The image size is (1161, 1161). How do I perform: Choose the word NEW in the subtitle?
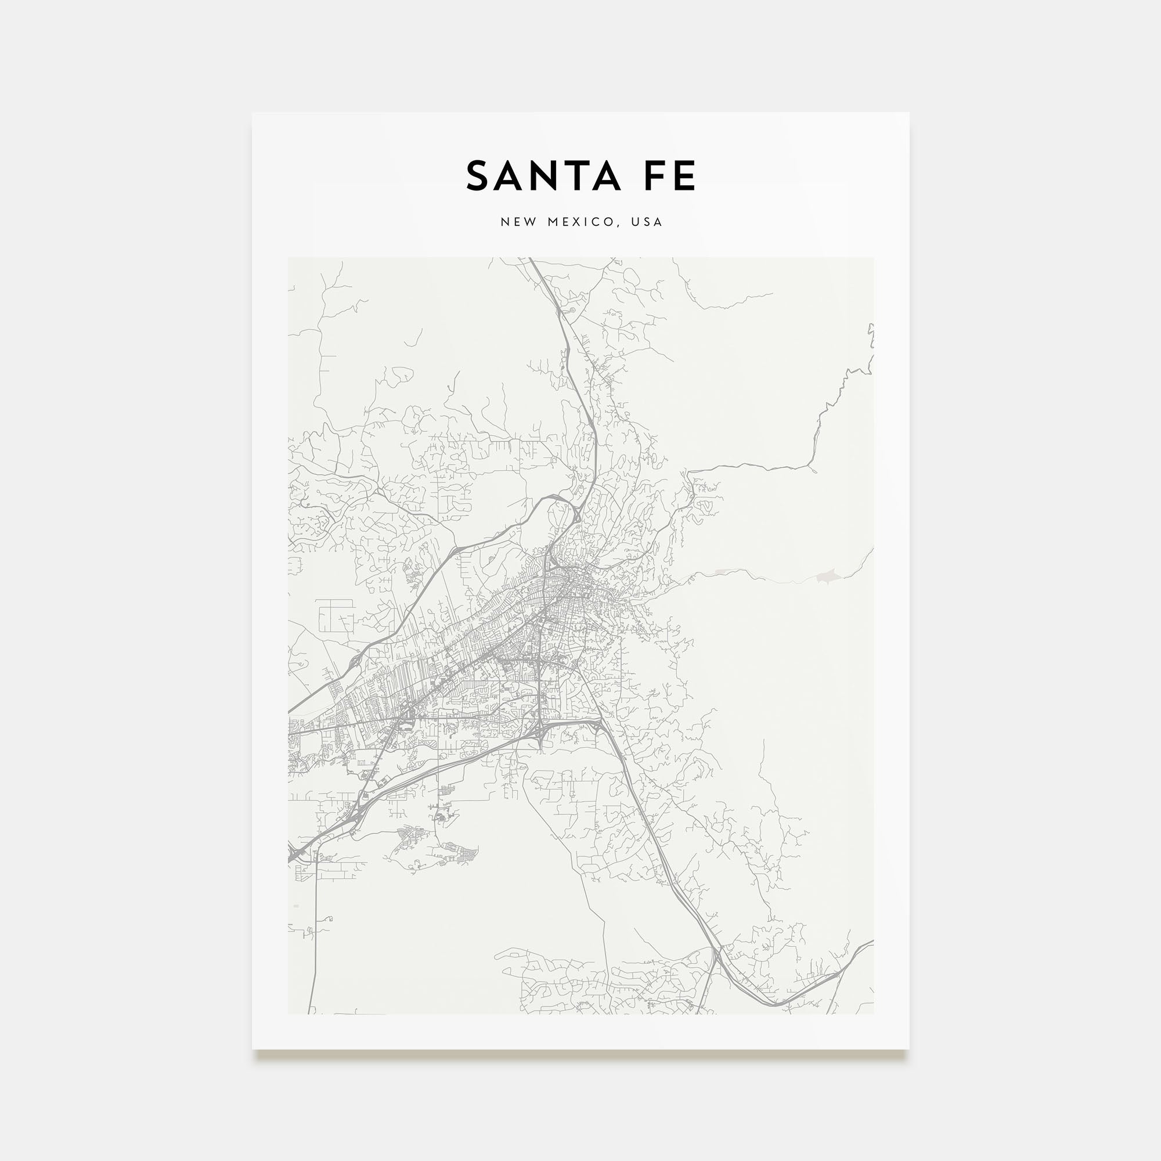click(518, 222)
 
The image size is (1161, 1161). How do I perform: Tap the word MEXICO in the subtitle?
click(581, 222)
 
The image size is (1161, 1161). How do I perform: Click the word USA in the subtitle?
click(647, 222)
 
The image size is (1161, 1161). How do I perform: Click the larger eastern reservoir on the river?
click(826, 577)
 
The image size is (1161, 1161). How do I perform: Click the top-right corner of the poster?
click(908, 114)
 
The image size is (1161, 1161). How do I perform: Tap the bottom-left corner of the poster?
click(253, 1048)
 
